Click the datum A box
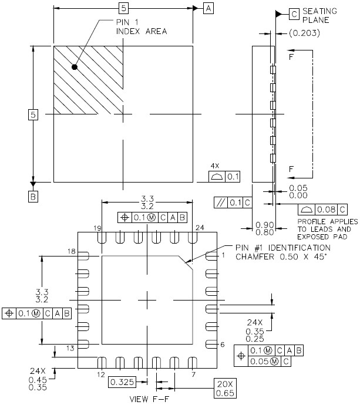pos(208,8)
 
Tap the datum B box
pos(33,197)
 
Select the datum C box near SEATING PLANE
pos(294,14)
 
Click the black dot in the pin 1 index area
pos(75,67)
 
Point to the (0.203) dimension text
pos(304,33)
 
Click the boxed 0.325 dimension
pos(122,382)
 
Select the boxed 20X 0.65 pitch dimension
pos(225,389)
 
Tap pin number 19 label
pos(97,228)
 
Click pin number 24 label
pos(200,228)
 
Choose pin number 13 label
pos(70,348)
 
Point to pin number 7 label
pos(194,374)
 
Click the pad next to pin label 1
pos(211,256)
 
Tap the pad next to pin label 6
pos(211,345)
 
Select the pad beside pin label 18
pos(83,256)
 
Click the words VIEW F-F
pos(149,399)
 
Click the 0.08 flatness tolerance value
pos(326,210)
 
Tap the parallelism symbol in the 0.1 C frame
pos(220,203)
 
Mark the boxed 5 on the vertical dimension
pos(33,114)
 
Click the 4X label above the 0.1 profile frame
pos(215,166)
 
